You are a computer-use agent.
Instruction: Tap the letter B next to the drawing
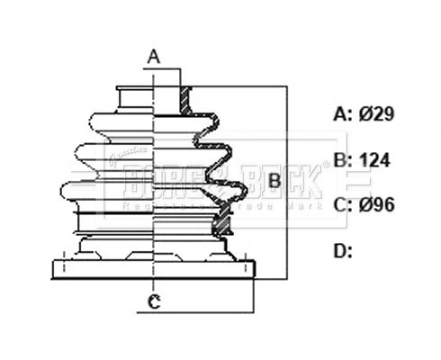point(276,180)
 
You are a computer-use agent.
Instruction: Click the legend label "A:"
point(342,114)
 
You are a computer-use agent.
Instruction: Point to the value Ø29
point(378,114)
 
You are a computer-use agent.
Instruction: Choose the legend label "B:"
point(342,160)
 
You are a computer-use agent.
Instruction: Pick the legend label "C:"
point(342,204)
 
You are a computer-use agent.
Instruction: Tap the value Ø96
point(378,204)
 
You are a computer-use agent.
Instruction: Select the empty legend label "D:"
point(343,250)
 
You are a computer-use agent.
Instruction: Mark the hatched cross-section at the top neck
point(186,101)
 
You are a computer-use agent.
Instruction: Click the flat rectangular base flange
point(154,269)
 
